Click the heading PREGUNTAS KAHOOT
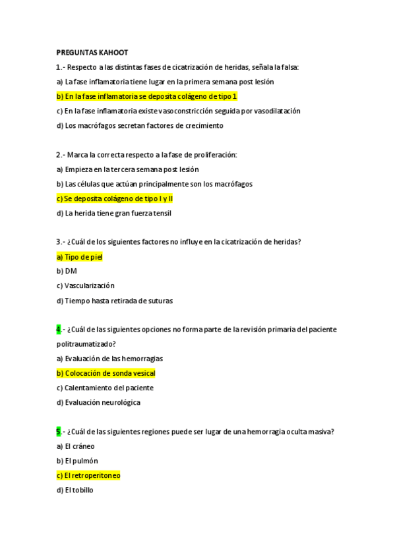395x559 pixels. click(92, 52)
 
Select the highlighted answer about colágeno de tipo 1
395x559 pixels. click(146, 96)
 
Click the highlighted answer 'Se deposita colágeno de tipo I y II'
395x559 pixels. click(115, 198)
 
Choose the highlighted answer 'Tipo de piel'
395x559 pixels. click(79, 256)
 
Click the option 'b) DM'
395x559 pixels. click(67, 271)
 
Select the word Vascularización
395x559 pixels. click(89, 285)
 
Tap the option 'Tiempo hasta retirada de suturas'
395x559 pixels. click(115, 301)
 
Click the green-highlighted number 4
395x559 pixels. click(58, 330)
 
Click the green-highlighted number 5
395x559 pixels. click(58, 432)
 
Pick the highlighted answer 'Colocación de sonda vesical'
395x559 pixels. click(106, 373)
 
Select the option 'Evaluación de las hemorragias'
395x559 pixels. click(109, 359)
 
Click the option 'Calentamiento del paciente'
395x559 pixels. click(105, 388)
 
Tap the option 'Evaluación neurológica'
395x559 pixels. click(98, 402)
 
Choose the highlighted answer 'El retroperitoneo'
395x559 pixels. click(88, 475)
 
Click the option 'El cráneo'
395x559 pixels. click(75, 446)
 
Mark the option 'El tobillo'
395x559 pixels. click(75, 490)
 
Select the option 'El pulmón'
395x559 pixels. click(77, 461)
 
